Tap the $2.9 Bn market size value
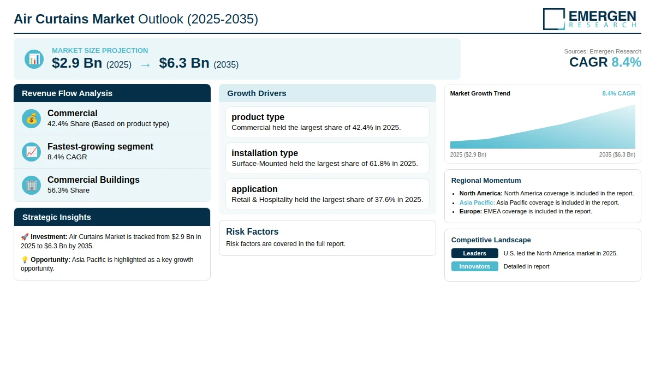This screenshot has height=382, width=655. pyautogui.click(x=77, y=63)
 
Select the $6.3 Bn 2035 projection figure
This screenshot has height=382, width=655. pyautogui.click(x=184, y=63)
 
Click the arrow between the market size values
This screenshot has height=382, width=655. pyautogui.click(x=145, y=65)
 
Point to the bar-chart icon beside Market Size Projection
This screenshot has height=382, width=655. pyautogui.click(x=34, y=59)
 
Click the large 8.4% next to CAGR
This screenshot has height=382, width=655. pyautogui.click(x=627, y=62)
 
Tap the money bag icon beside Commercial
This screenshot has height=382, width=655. pyautogui.click(x=31, y=118)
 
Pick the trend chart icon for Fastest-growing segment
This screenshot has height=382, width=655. pyautogui.click(x=31, y=152)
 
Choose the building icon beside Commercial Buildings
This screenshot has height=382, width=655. pyautogui.click(x=31, y=186)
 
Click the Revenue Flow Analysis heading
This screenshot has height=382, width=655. pyautogui.click(x=67, y=93)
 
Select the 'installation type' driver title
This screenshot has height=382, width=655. pyautogui.click(x=265, y=153)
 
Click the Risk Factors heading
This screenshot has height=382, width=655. pyautogui.click(x=252, y=231)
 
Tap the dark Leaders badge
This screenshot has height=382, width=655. pyautogui.click(x=474, y=253)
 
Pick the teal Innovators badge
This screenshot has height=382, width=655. pyautogui.click(x=474, y=266)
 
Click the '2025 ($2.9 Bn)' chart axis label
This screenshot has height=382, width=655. pyautogui.click(x=468, y=154)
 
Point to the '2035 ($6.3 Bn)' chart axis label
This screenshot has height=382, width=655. pyautogui.click(x=617, y=154)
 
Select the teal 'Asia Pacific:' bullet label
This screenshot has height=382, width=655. pyautogui.click(x=477, y=202)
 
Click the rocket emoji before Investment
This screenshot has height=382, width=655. pyautogui.click(x=25, y=237)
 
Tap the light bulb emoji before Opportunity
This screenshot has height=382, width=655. pyautogui.click(x=25, y=260)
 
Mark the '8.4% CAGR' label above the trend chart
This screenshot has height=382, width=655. pyautogui.click(x=618, y=93)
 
